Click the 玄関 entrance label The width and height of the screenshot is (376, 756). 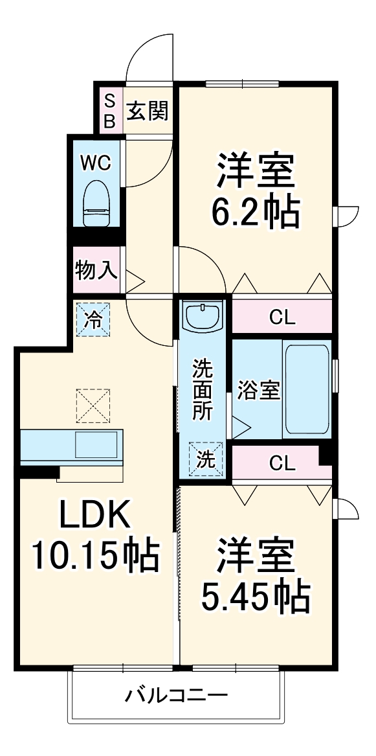(147, 112)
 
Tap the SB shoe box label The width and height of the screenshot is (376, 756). (109, 111)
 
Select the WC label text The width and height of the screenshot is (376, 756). (95, 163)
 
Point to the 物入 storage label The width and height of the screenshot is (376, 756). (96, 270)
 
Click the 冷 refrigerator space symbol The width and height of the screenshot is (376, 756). (94, 320)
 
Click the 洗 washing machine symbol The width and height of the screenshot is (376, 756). (205, 459)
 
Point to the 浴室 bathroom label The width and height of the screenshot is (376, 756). (258, 391)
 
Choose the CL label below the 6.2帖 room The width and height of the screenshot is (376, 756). (282, 317)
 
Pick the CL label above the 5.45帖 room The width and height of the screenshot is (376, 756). (282, 463)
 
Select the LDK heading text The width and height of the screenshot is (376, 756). (96, 516)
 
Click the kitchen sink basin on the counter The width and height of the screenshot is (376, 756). (97, 445)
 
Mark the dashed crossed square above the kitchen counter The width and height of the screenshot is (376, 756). (93, 406)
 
